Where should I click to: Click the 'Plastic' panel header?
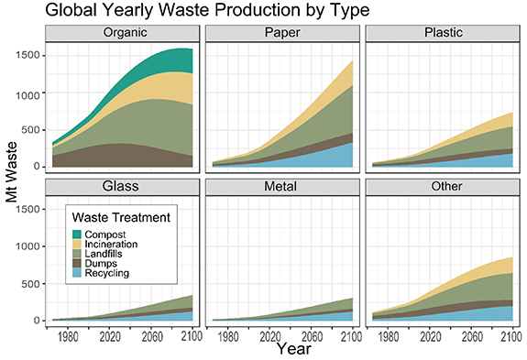coord(443,34)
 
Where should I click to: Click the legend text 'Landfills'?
coord(107,255)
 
